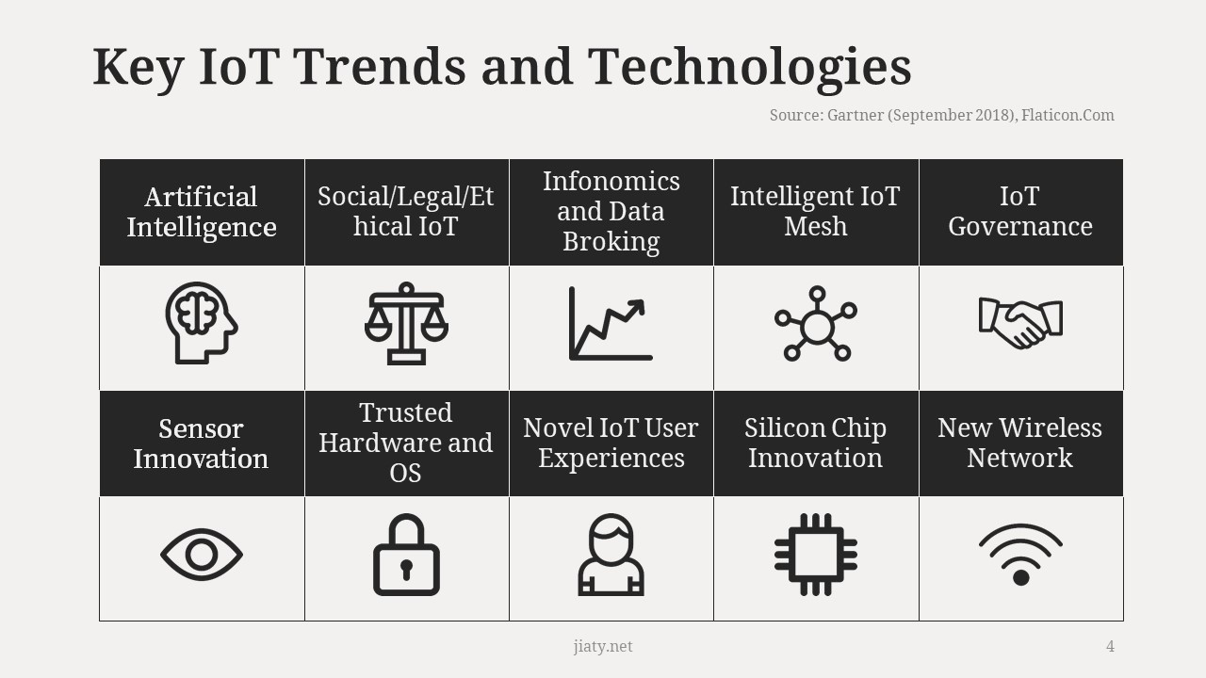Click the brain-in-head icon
point(202,323)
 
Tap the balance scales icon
point(406,323)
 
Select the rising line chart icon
point(611,323)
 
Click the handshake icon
point(1020,323)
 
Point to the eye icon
point(202,555)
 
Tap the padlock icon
point(406,555)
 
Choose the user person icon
point(611,555)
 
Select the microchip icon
point(816,555)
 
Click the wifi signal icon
point(1020,555)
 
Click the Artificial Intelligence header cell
point(202,212)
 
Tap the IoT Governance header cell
point(1021,212)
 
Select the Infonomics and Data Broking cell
point(611,212)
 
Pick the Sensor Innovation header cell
point(202,444)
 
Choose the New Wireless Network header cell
point(1021,444)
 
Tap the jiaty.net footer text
point(603,646)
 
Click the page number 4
point(1110,646)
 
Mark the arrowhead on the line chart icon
point(638,307)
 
